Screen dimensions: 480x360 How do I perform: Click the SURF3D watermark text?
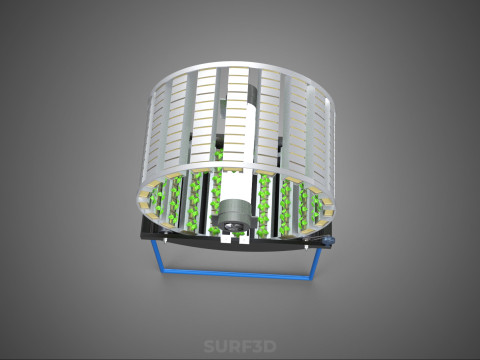(240, 346)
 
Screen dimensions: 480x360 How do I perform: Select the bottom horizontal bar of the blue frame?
(236, 274)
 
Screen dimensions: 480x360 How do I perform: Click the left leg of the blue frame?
(157, 256)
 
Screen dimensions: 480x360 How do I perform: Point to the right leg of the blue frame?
(314, 262)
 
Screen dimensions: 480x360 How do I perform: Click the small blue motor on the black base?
(329, 240)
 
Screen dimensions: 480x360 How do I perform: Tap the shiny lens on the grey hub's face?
(233, 227)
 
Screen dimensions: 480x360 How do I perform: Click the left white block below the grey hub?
(226, 238)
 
